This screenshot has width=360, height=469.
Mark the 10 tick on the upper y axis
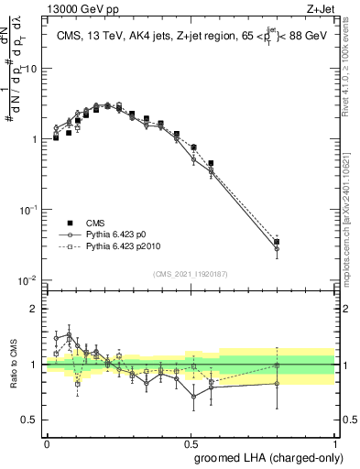click(31, 69)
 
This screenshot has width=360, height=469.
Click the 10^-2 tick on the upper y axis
click(27, 280)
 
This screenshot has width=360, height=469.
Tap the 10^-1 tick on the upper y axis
click(27, 210)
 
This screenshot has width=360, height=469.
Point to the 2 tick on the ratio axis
click(34, 309)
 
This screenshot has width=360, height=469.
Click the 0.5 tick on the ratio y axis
click(30, 420)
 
